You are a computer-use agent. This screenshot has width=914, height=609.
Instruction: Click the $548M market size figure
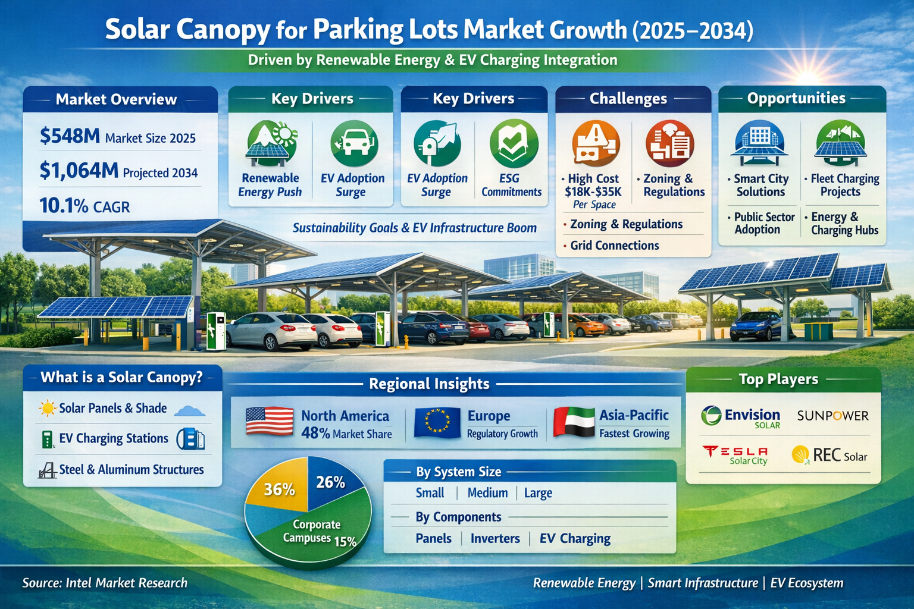coord(70,137)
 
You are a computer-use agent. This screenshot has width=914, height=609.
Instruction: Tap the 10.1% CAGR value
coord(64,206)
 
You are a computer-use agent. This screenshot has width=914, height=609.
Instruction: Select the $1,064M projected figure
coord(79,171)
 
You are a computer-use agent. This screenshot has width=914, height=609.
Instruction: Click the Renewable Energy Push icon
coord(271,143)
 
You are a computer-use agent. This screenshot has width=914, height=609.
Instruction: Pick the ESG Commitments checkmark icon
coord(513,143)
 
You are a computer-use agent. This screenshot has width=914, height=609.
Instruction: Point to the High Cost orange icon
coord(595,143)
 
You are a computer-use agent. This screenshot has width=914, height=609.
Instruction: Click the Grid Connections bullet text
coord(614,246)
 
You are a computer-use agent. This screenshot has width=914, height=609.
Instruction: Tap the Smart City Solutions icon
coord(760,143)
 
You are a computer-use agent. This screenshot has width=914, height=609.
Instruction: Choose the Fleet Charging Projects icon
coord(840,143)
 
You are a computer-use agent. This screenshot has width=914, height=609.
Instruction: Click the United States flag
coord(270,422)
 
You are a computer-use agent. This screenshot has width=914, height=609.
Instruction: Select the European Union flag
coord(437,423)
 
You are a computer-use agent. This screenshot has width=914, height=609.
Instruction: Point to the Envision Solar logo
coord(741,416)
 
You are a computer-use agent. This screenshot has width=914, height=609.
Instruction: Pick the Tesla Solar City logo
coord(735,455)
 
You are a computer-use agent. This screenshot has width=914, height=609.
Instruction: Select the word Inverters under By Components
coord(495,539)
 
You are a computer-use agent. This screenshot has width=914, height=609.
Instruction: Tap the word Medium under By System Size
coord(487,493)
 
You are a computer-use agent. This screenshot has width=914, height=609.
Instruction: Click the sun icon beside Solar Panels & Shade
coord(46,409)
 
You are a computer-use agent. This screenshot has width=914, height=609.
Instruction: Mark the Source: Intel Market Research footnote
coord(105,583)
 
